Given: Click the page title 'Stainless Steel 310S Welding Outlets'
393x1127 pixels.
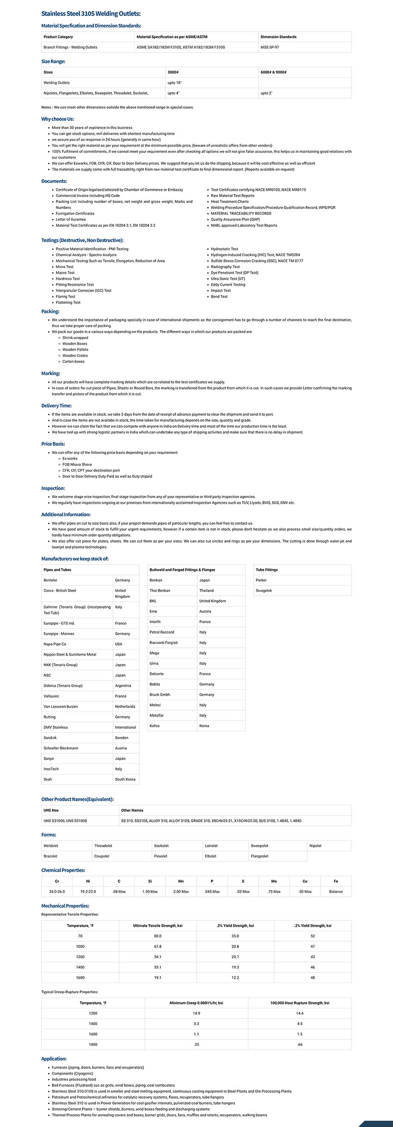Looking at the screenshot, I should point(91,14).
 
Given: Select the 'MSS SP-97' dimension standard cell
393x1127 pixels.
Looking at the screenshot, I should point(270,47).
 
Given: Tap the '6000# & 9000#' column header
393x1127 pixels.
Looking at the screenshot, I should point(273,72).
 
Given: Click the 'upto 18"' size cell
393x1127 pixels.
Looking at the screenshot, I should point(175,83).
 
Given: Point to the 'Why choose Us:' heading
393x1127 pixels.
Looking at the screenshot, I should point(57,119).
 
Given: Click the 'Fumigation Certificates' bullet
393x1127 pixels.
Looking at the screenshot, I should point(75,214).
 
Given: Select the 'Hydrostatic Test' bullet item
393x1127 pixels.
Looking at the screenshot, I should point(225,249).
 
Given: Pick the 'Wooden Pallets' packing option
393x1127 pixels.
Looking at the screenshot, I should point(75,350).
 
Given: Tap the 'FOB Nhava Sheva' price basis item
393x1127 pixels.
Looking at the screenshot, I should point(77,465).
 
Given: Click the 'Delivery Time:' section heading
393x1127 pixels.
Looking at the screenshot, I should point(56,406).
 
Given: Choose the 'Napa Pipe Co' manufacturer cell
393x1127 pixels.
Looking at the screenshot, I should point(55,644).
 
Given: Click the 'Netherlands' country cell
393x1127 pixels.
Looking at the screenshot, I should point(125,706).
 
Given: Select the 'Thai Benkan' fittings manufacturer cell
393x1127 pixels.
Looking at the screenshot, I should point(160,591).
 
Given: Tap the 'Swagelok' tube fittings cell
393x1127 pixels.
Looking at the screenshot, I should point(264,591).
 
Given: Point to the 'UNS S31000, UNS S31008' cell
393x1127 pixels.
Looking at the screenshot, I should point(65,821).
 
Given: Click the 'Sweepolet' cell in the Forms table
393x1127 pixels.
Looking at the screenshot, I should point(260,846).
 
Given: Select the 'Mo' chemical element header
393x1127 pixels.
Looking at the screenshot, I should point(274,881).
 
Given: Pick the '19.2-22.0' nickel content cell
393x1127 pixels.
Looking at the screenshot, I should point(88,892).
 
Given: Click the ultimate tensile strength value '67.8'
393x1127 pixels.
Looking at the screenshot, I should point(158,946).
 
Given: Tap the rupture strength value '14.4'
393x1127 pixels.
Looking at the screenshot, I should point(300,1013).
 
